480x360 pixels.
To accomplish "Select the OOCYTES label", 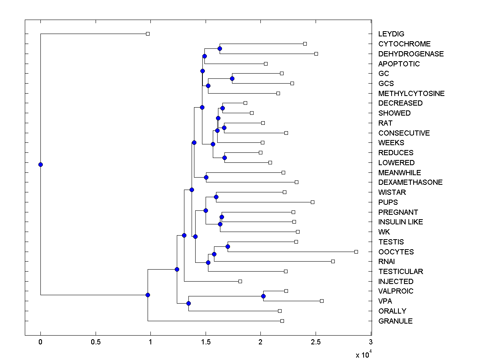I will pos(396,252).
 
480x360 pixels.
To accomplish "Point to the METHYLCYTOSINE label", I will pos(411,94).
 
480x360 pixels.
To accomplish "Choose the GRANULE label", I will pos(395,321).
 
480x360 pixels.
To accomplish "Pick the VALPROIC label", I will pos(396,291).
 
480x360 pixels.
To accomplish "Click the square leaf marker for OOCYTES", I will pos(356,252).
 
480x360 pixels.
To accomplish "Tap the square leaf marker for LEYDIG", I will pos(148,34).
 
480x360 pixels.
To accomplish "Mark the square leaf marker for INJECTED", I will pos(240,281).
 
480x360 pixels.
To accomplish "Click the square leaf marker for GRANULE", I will pos(282,321).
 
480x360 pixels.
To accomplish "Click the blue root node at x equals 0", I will pos(40,164).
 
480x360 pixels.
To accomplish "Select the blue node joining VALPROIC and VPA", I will pos(263,296).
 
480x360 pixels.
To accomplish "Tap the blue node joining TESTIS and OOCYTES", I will pos(228,246).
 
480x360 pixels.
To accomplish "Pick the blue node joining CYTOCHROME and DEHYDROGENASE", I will pos(220,48).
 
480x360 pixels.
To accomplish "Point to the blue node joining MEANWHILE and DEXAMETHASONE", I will pos(206,177).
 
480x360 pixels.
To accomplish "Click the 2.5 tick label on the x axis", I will pos(316,342).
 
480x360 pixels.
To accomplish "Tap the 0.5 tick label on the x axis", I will pos(96,342).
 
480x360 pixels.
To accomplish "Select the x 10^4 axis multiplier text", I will pos(363,354).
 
